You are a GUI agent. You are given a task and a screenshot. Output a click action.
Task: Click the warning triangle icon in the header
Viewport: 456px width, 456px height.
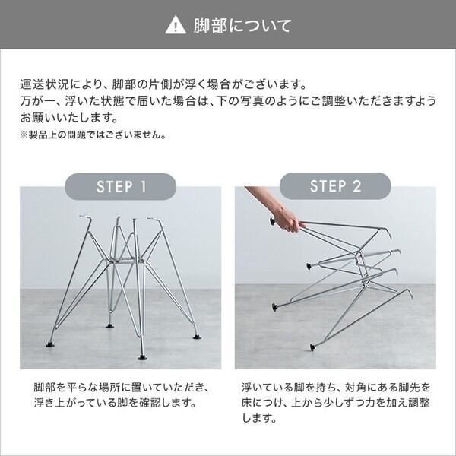coord(176,26)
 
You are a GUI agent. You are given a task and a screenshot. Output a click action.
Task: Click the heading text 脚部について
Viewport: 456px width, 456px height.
coord(242,26)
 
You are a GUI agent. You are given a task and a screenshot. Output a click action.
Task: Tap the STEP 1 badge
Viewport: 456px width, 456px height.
coord(120,186)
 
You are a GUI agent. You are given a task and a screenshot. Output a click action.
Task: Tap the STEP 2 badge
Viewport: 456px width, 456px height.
coord(335,186)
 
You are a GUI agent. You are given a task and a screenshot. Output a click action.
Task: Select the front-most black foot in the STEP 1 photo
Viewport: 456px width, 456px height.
coord(142,357)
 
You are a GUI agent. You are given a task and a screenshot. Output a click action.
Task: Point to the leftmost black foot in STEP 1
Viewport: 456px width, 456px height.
coord(49,344)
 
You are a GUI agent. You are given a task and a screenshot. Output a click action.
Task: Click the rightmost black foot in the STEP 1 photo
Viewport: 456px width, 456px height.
coord(197,337)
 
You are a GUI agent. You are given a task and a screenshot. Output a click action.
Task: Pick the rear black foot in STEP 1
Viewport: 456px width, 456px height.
coord(109,326)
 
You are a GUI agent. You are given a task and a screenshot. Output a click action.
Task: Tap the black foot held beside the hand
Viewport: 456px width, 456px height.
coord(273,221)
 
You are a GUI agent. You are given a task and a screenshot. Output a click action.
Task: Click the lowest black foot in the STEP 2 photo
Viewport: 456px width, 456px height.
coord(312,347)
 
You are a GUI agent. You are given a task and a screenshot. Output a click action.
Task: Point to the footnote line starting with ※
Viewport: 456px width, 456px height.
coord(93,135)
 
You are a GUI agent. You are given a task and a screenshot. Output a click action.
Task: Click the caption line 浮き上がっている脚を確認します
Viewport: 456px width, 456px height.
coord(115,403)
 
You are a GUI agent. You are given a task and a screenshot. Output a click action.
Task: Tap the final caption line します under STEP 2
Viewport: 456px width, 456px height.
coord(259,418)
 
